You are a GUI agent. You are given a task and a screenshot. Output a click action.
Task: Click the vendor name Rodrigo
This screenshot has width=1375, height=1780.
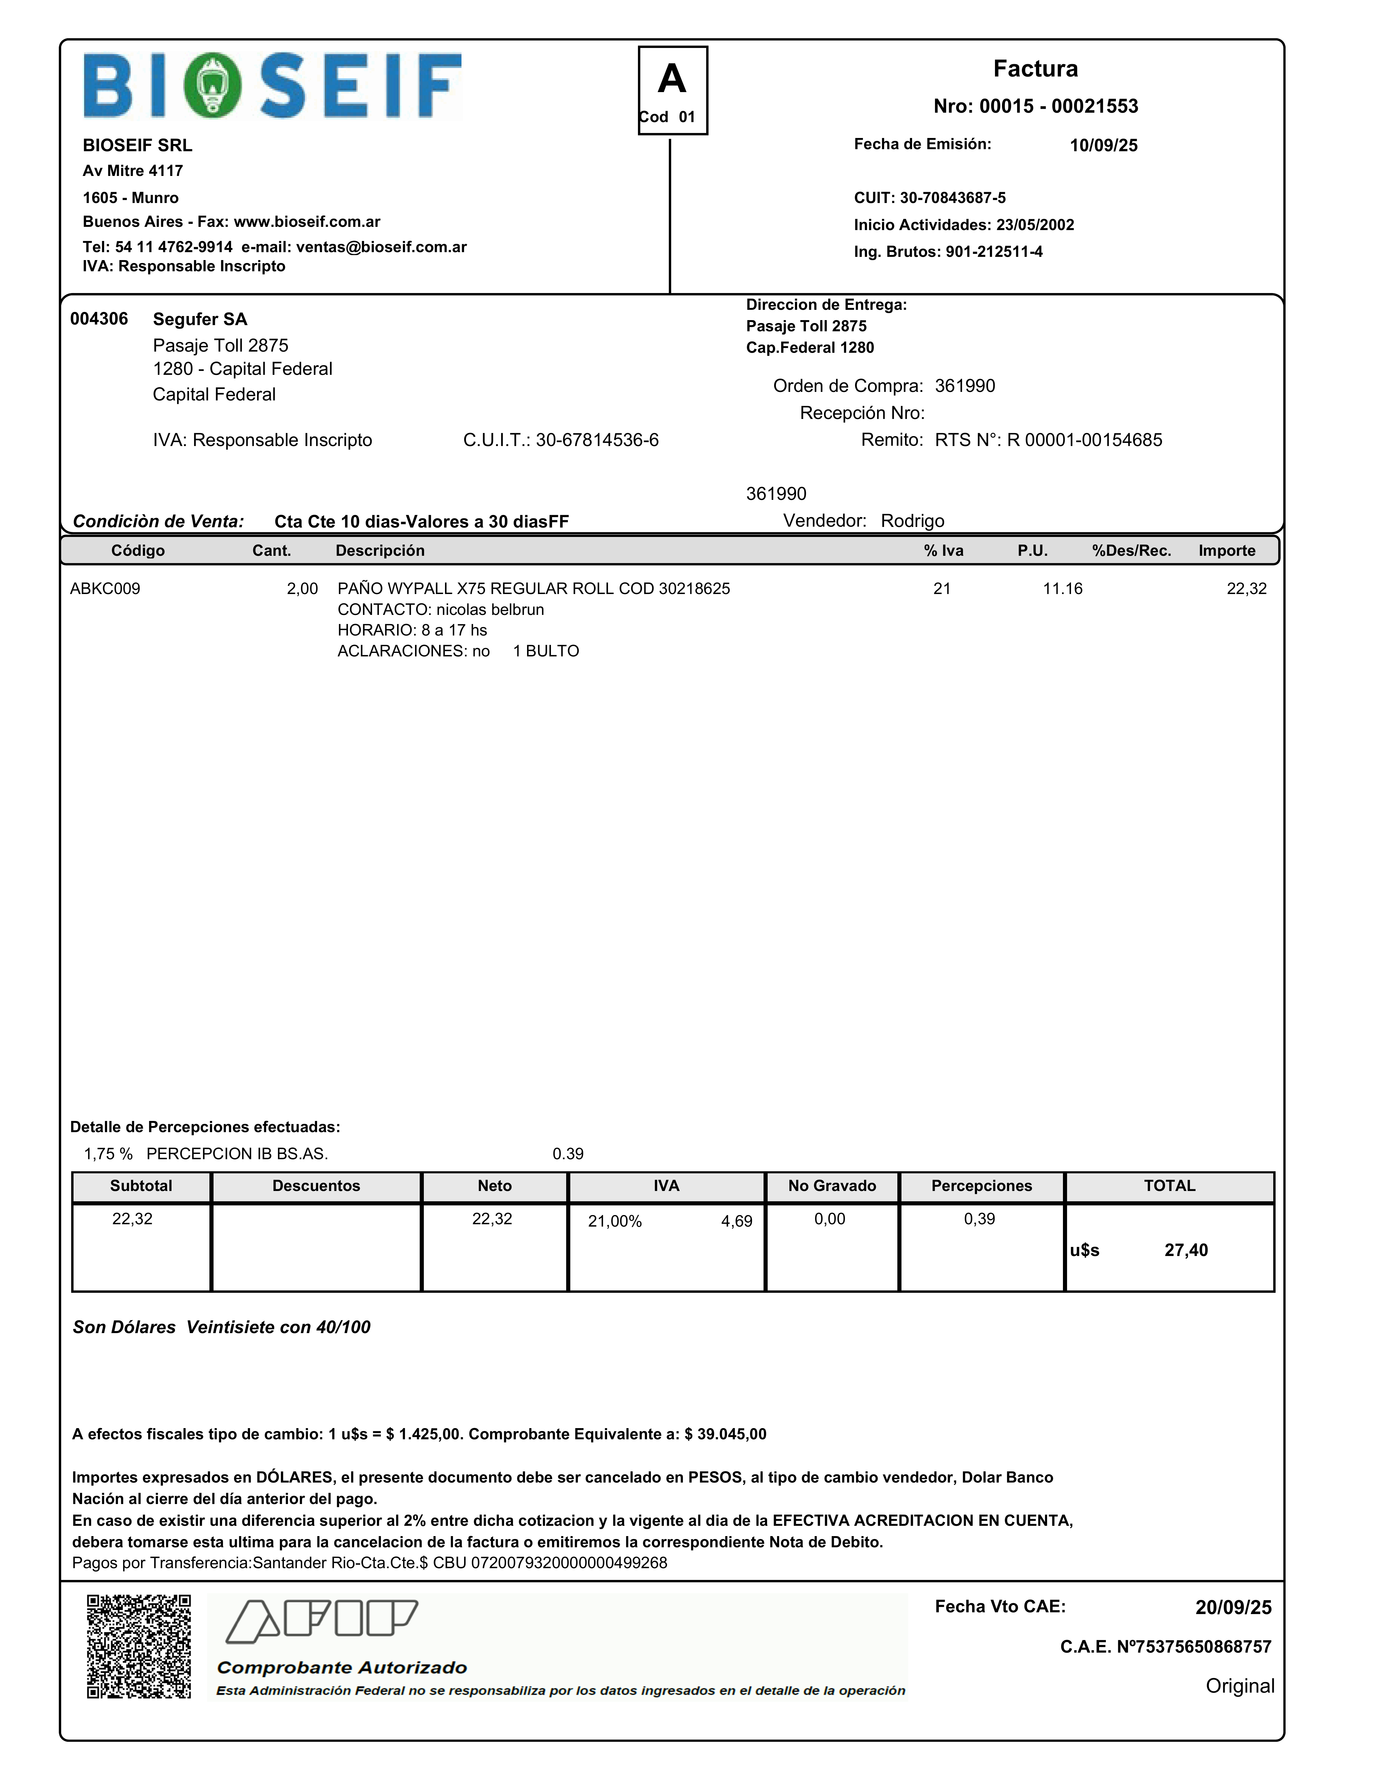[912, 521]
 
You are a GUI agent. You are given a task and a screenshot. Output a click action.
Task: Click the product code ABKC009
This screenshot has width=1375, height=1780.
[105, 588]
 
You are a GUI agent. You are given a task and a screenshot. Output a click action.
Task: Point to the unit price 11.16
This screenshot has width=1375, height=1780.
[1062, 588]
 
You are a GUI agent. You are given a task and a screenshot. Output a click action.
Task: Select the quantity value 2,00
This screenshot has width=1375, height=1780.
[302, 588]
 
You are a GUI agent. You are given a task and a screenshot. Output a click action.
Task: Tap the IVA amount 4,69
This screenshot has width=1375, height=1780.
[736, 1221]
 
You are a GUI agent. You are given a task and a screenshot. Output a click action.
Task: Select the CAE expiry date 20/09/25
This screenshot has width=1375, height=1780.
[1232, 1607]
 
